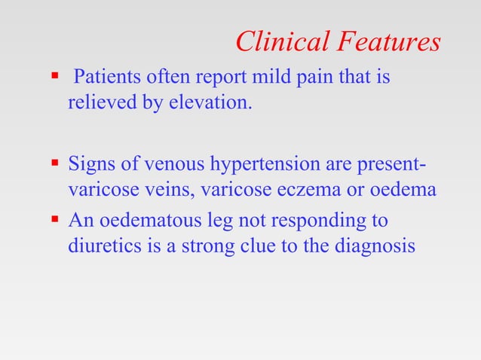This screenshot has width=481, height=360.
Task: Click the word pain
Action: coord(298,78)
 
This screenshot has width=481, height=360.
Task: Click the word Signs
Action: coord(90,164)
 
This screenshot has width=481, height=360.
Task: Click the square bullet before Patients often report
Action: coord(54,77)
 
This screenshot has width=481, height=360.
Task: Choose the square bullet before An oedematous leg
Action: coord(54,221)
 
